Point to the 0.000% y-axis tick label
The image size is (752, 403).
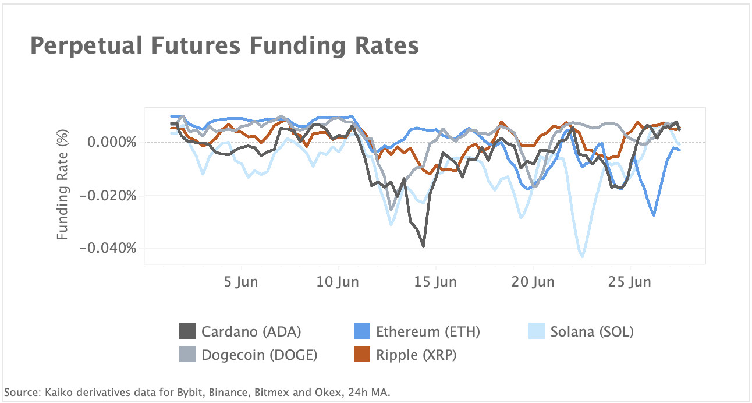[112, 142]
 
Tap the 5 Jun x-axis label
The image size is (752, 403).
[240, 282]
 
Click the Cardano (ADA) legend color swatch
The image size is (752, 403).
[187, 332]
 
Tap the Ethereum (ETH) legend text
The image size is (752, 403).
[428, 332]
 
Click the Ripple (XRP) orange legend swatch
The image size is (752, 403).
[362, 355]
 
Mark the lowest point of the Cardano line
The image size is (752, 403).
[423, 246]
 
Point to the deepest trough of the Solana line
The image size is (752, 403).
[582, 256]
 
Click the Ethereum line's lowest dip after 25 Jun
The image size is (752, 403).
[654, 215]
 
